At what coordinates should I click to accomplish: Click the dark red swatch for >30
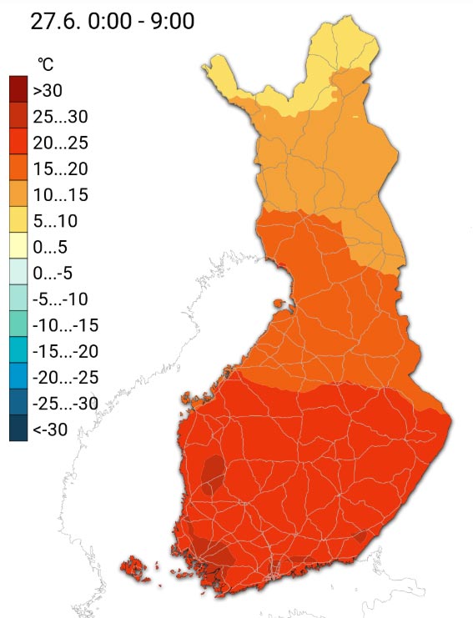[x=19, y=90]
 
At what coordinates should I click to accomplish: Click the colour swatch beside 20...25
[x=19, y=142]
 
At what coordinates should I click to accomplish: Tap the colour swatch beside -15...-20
[x=19, y=351]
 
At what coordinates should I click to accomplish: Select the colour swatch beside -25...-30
[x=19, y=404]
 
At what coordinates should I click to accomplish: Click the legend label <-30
[x=50, y=430]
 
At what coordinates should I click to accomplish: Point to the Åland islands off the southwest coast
[x=136, y=570]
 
